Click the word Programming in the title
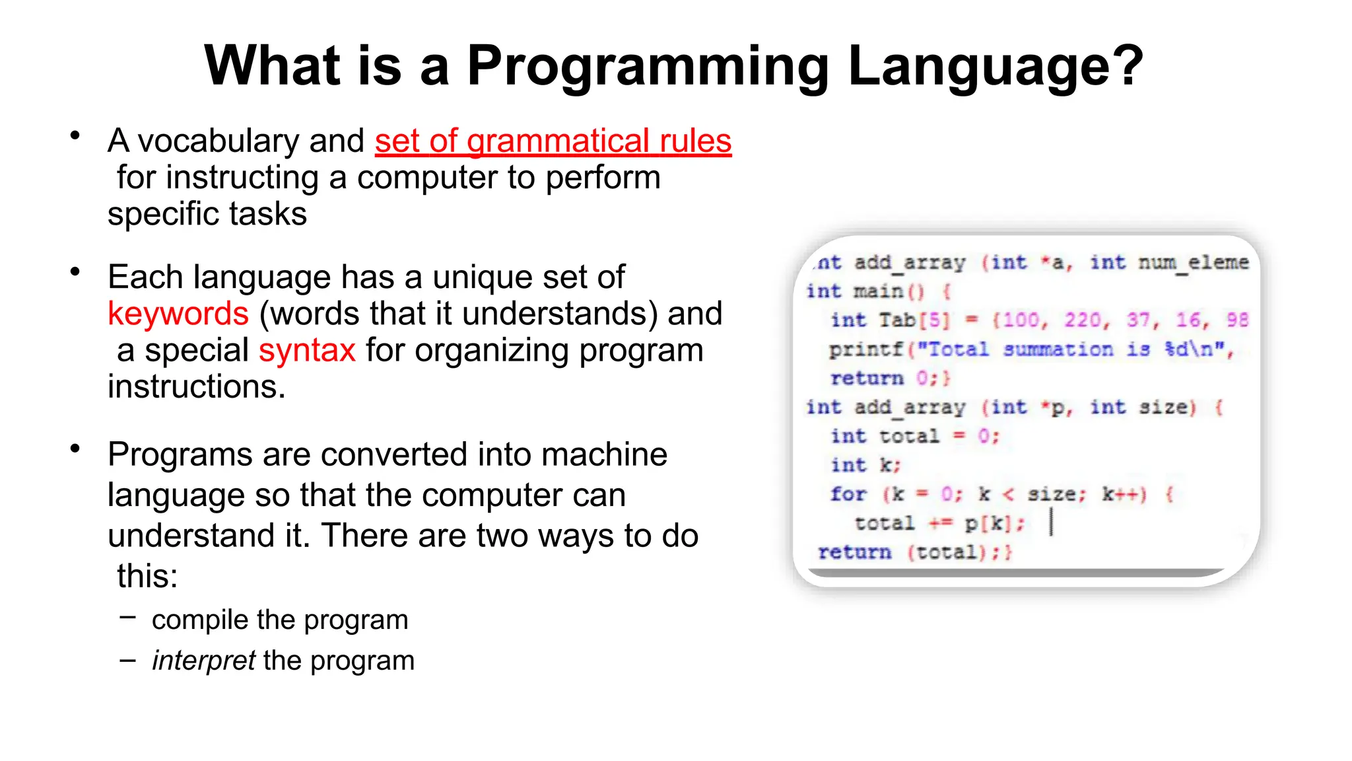[x=648, y=66]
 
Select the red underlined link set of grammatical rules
[x=553, y=141]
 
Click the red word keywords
[x=178, y=314]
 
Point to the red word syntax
[x=307, y=350]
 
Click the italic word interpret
[x=203, y=661]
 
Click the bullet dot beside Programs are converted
[x=75, y=449]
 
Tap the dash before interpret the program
[x=127, y=660]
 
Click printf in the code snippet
[x=865, y=349]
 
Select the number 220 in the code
[x=1083, y=320]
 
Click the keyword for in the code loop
[x=848, y=494]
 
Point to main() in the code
[x=889, y=291]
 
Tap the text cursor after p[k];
[x=1051, y=523]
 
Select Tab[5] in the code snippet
[x=914, y=320]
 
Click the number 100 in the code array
[x=1021, y=320]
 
